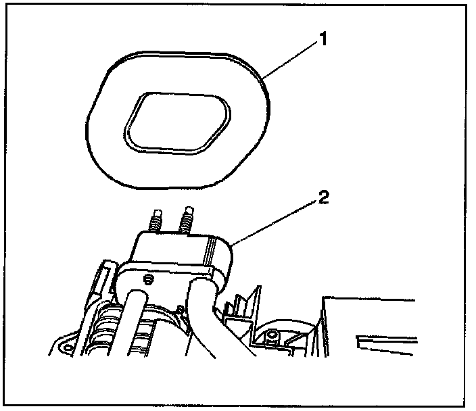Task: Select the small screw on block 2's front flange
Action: tap(146, 278)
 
